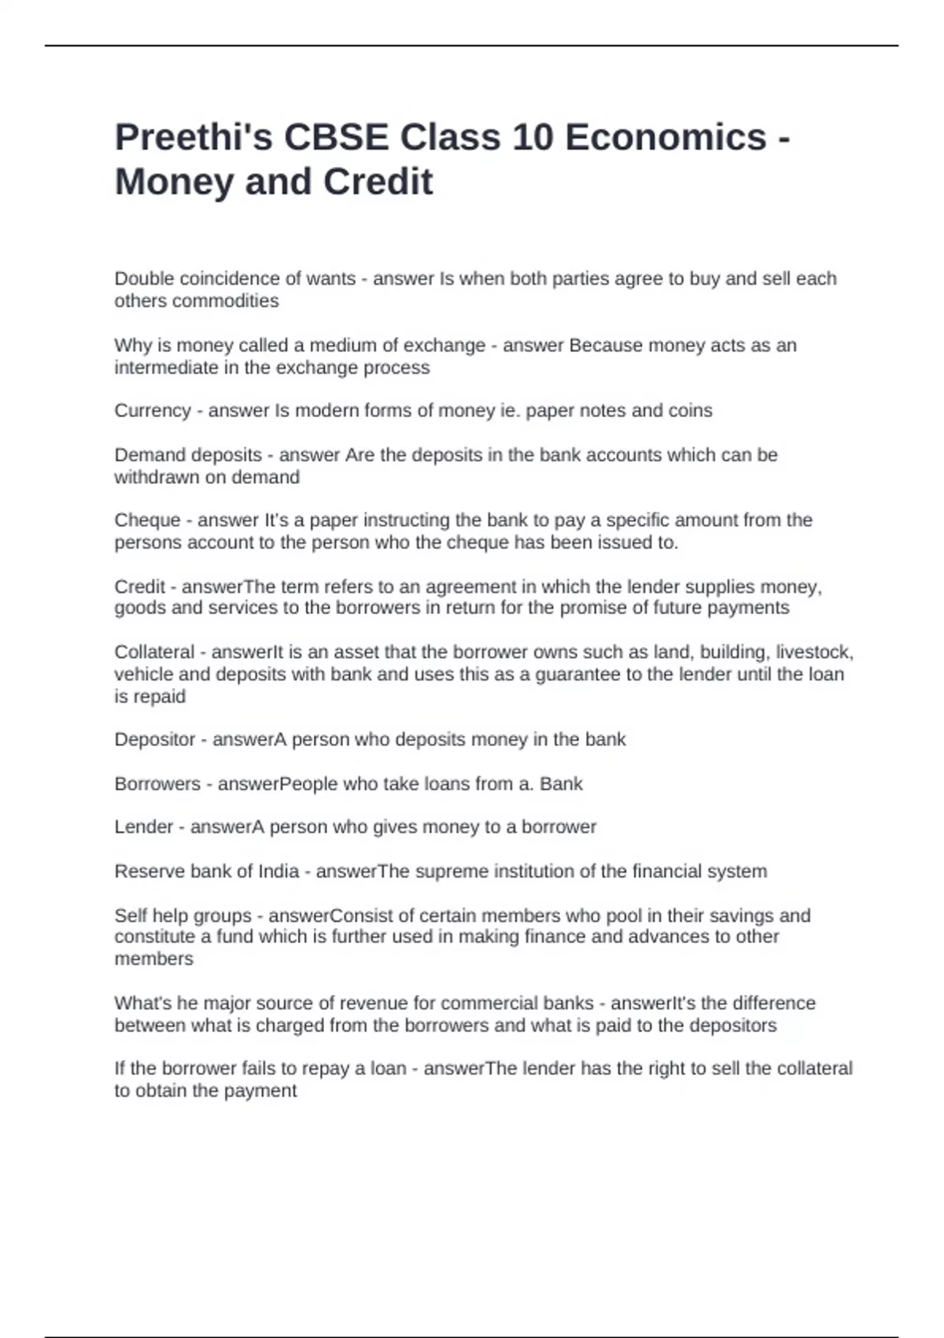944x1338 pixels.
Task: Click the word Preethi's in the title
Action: [x=192, y=138]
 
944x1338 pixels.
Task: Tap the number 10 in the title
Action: [x=534, y=138]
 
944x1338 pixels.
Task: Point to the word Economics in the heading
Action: [x=666, y=138]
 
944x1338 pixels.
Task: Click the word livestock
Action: [x=815, y=652]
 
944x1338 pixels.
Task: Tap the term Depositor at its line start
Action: [x=155, y=740]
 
